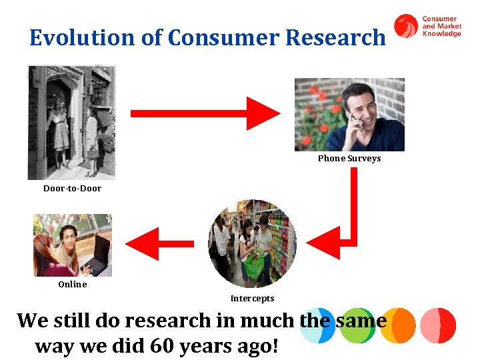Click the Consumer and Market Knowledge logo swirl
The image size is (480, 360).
[x=406, y=26]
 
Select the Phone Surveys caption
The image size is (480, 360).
[x=349, y=159]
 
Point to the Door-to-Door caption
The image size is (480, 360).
[x=72, y=189]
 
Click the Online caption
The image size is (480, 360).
[x=72, y=285]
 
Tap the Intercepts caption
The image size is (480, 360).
[x=252, y=299]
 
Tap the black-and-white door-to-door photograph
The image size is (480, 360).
[x=71, y=122]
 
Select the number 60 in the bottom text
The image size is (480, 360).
[x=163, y=347]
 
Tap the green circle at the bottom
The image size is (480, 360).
[x=357, y=325]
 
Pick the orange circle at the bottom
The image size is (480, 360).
[x=398, y=325]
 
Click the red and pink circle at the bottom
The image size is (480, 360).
[x=438, y=325]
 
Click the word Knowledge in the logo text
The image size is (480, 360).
[x=441, y=34]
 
